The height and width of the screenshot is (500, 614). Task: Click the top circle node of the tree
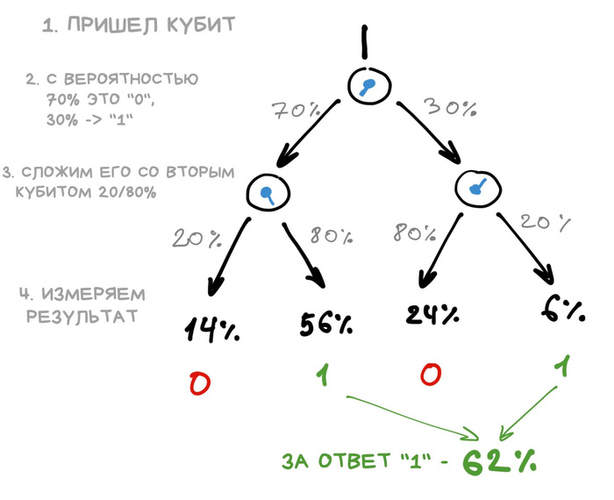coord(369,85)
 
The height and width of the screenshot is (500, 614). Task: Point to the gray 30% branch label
coord(450,108)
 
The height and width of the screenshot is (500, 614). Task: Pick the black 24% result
coord(432,313)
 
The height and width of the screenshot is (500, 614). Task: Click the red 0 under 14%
coord(200,383)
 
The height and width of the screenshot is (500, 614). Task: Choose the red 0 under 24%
coord(430,375)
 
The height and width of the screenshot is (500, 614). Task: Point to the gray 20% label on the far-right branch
coord(543,222)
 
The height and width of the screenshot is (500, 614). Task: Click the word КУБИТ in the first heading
coord(201,25)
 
